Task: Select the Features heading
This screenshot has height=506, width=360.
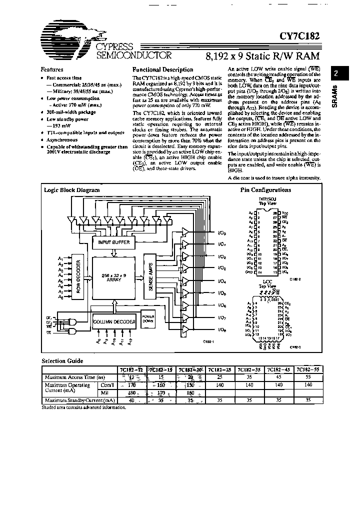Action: [x=52, y=70]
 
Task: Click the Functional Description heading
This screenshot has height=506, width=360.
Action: [x=162, y=70]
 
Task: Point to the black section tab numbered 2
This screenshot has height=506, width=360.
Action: [x=336, y=74]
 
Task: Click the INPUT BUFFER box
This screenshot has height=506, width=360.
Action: [x=114, y=242]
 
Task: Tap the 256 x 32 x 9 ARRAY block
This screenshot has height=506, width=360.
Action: [x=114, y=278]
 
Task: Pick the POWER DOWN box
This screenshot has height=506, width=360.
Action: [x=147, y=318]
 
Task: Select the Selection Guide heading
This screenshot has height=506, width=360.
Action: [x=62, y=360]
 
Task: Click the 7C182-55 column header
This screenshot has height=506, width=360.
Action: [x=306, y=370]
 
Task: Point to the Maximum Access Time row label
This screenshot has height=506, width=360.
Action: [x=68, y=377]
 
